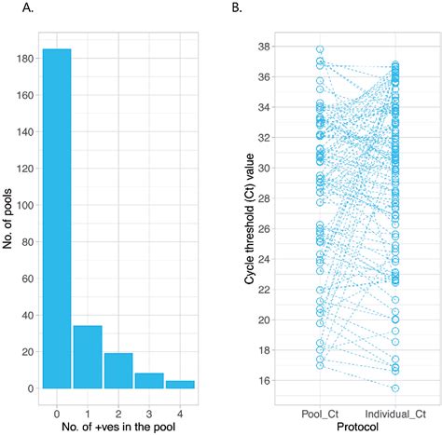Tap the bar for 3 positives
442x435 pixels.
coord(149,380)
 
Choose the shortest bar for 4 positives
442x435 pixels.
coord(180,384)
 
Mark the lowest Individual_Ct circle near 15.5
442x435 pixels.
coord(395,387)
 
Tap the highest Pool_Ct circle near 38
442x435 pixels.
coord(320,49)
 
